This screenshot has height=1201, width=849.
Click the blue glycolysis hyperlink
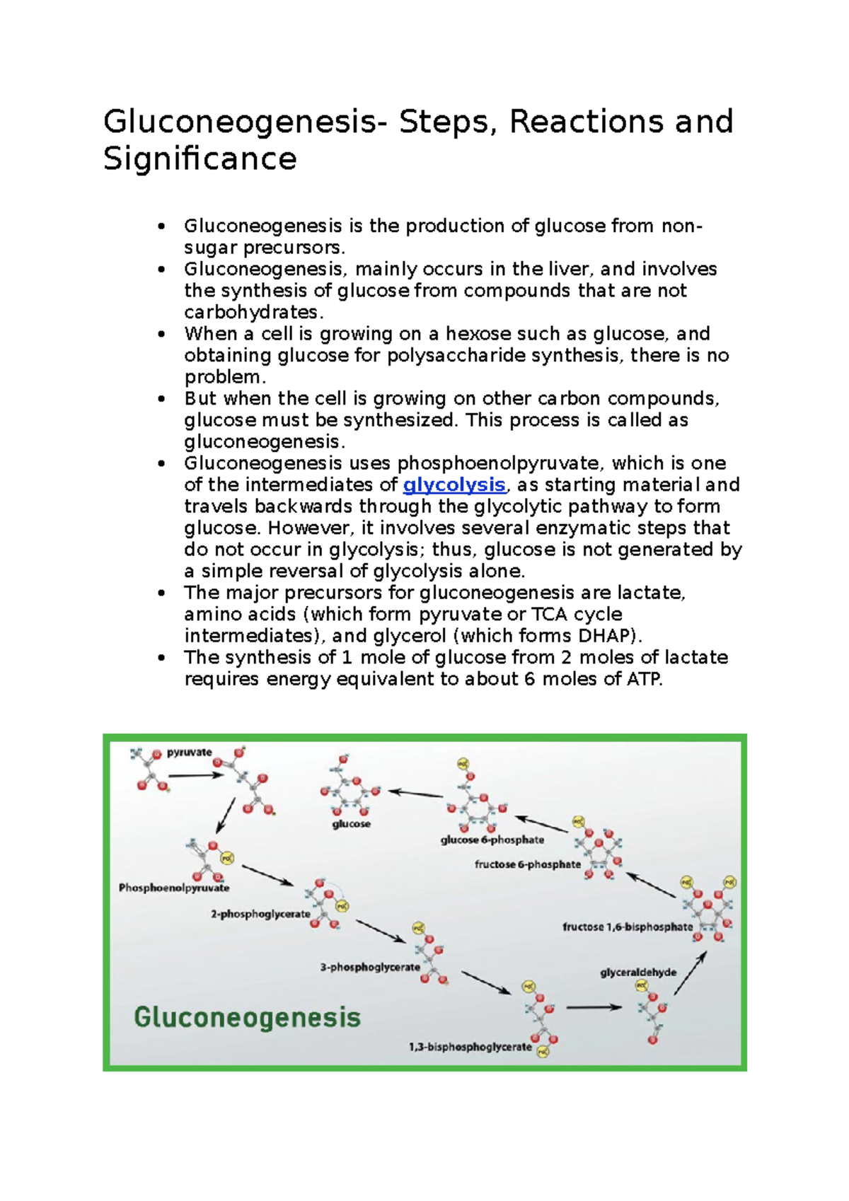click(454, 485)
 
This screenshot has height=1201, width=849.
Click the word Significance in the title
click(200, 158)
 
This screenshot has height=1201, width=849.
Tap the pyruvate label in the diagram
click(189, 753)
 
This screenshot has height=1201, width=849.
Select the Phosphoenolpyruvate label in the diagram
click(174, 888)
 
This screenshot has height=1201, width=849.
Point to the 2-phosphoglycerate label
click(260, 914)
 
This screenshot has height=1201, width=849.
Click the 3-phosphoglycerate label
click(370, 967)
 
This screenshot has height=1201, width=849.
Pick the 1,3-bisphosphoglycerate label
click(470, 1047)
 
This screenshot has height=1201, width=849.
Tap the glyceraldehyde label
click(638, 973)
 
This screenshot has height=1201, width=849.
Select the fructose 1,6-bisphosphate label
click(628, 927)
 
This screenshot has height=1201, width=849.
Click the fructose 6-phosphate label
click(528, 864)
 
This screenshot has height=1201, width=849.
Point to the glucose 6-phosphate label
click(492, 840)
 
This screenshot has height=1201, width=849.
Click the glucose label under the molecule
click(352, 824)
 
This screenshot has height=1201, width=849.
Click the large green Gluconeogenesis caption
click(248, 1018)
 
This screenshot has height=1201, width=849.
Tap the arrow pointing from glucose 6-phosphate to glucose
click(415, 794)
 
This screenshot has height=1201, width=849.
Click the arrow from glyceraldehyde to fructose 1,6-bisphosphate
click(690, 973)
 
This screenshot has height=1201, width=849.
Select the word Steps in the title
click(444, 122)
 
